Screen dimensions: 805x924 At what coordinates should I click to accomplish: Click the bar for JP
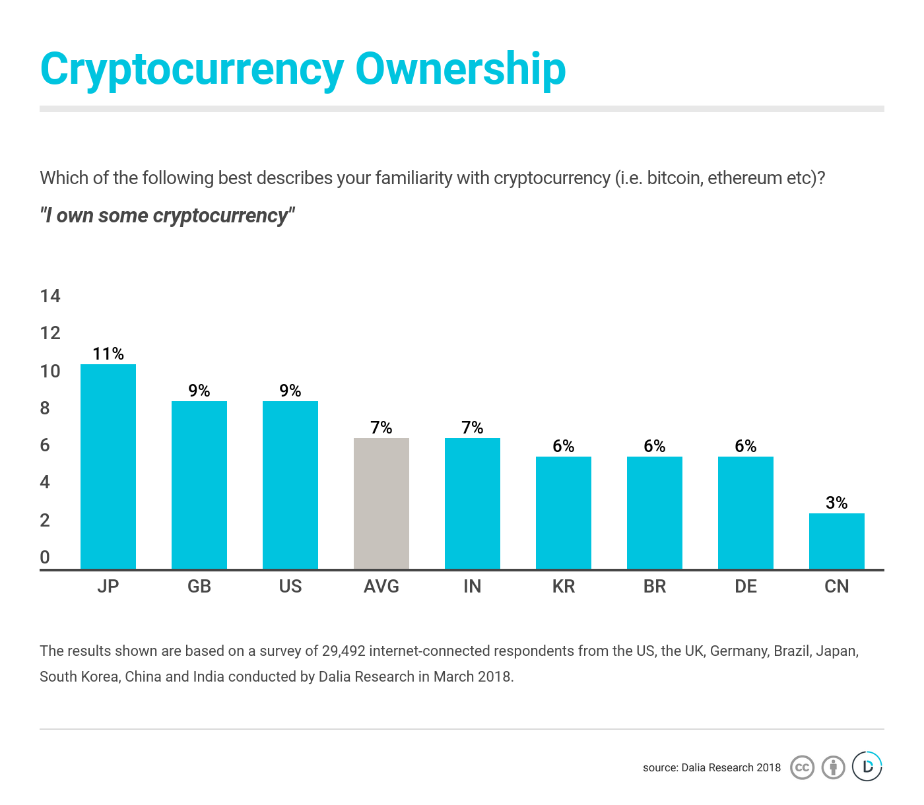pos(108,467)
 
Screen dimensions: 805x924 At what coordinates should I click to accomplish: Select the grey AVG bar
pos(381,503)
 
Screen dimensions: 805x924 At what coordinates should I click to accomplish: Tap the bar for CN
pos(837,541)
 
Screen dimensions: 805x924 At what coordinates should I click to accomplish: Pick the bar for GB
pos(199,485)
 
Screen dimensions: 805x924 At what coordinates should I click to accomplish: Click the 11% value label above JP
pos(108,354)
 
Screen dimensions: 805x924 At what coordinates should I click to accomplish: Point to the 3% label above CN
pos(837,503)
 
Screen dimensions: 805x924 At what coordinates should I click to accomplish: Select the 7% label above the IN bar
pos(473,428)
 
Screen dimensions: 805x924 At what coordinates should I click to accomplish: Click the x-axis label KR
pos(564,586)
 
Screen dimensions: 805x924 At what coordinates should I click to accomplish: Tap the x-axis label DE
pos(746,586)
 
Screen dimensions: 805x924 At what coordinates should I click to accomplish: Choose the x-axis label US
pos(290,586)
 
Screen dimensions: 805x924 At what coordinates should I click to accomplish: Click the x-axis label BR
pos(655,586)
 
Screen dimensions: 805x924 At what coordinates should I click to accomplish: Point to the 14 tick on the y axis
pos(50,296)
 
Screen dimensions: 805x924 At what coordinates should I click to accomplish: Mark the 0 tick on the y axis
pos(45,557)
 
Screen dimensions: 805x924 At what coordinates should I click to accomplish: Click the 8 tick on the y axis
pos(45,408)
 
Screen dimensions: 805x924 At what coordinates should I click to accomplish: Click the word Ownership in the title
pos(461,69)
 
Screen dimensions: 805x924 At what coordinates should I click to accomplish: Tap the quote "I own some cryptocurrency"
pos(168,215)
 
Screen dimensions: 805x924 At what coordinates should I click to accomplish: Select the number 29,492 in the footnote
pos(343,651)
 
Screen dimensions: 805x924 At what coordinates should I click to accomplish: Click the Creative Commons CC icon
pos(802,767)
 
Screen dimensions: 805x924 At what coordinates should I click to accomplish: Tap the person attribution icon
pos(834,767)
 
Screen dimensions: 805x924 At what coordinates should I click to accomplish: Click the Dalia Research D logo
pos(867,766)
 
